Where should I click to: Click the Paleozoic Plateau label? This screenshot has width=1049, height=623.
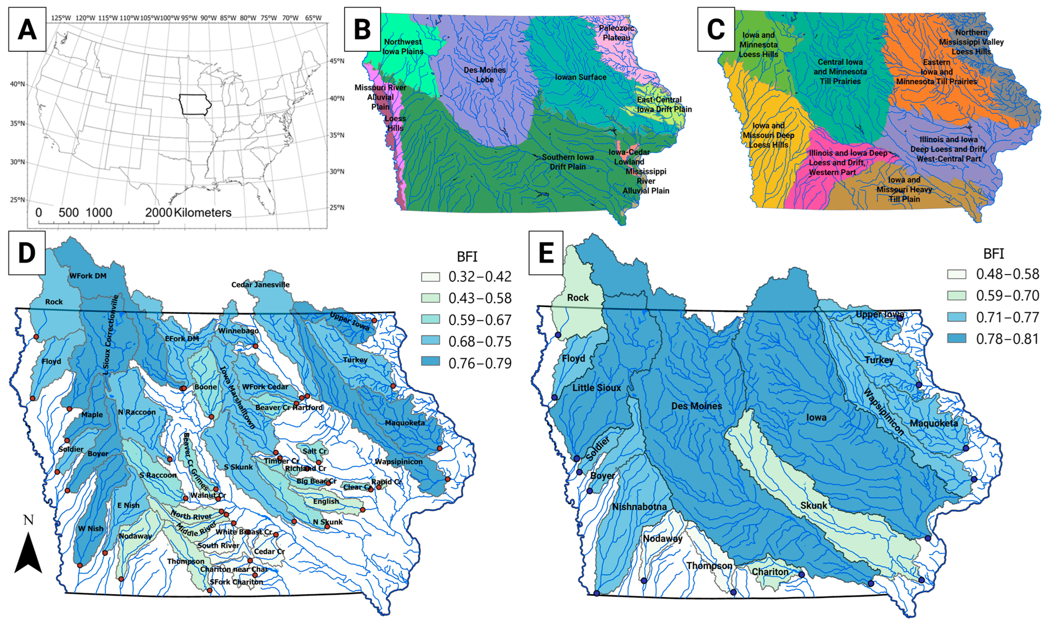coord(616,33)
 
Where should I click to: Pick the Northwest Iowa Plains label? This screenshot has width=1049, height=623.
coord(403,47)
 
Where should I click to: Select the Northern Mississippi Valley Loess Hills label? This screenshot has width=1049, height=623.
coord(971,42)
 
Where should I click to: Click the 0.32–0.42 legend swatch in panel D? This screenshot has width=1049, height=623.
coord(430,277)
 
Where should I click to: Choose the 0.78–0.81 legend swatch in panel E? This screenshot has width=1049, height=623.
coord(956,339)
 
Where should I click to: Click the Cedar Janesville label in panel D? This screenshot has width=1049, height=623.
coord(260,285)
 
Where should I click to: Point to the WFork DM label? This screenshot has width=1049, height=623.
coord(88,276)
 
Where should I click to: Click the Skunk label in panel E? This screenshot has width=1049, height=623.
coord(813,505)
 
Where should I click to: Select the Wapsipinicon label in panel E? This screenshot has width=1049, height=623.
coord(883,411)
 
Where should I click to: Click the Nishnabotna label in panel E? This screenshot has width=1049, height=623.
coord(639,507)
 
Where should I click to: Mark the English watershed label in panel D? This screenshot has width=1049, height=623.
coord(326,501)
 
